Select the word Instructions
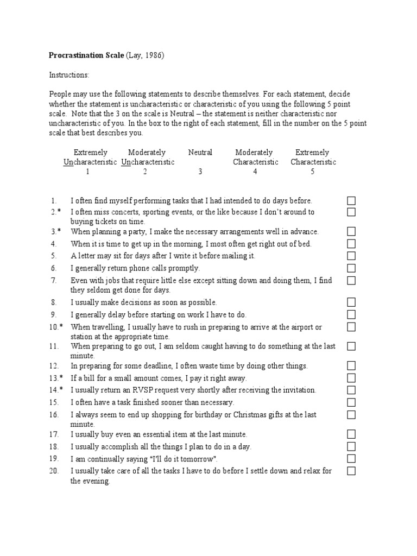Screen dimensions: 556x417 pos(69,74)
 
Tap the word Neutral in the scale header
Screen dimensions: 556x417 pos(200,153)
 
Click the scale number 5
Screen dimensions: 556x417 pos(312,172)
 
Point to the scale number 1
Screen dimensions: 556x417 pos(87,172)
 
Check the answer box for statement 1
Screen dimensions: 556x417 pos(351,201)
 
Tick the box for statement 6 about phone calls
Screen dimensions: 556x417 pos(351,268)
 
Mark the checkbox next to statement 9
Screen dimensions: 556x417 pos(351,315)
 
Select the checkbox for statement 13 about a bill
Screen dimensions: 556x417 pos(351,378)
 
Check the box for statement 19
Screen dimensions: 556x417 pos(351,459)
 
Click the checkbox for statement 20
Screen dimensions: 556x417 pos(351,471)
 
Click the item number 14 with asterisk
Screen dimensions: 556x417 pos(56,390)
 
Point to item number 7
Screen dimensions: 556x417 pos(54,281)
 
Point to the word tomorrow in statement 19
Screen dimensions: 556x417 pos(200,459)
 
